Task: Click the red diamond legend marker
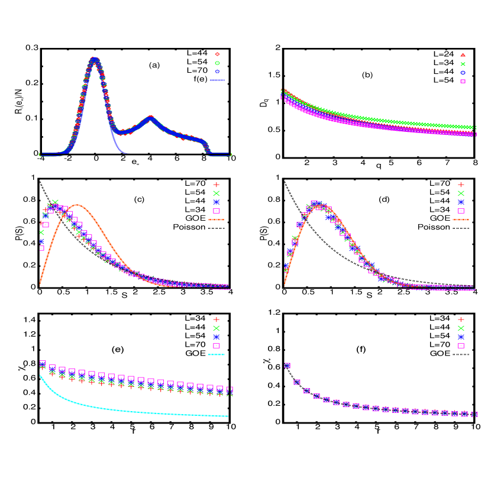pos(217,54)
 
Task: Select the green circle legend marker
pos(217,63)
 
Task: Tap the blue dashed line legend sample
pos(217,80)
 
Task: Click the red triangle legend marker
pos(463,55)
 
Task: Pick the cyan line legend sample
pos(217,354)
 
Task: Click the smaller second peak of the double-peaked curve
pos(151,118)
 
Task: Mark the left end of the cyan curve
pos(40,375)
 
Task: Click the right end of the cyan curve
pos(228,416)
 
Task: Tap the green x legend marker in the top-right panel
pos(463,64)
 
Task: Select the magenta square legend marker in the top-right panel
pos(463,81)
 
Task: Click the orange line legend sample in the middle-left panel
pos(216,219)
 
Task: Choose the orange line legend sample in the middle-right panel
pos(461,219)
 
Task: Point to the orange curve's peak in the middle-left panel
pos(77,205)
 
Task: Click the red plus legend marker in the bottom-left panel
pos(216,319)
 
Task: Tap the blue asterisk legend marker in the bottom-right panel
pos(461,337)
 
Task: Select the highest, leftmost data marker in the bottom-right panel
pos(287,366)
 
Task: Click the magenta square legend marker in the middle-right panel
pos(461,211)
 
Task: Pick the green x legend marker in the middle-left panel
pos(216,193)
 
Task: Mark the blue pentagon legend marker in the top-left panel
pos(217,72)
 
